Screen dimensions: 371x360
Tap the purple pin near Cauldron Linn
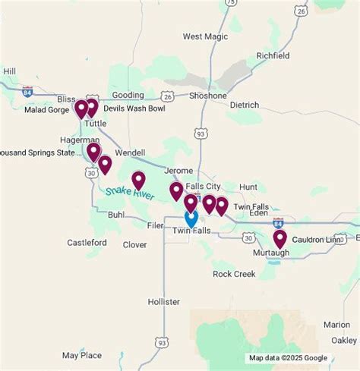pyautogui.click(x=279, y=238)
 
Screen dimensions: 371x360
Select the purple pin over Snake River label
pyautogui.click(x=138, y=180)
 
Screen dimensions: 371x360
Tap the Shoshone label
pyautogui.click(x=208, y=96)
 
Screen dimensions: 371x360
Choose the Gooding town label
pyautogui.click(x=128, y=96)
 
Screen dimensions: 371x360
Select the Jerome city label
pyautogui.click(x=179, y=171)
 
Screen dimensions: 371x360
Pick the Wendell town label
pyautogui.click(x=130, y=152)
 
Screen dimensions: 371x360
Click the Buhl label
pyautogui.click(x=116, y=215)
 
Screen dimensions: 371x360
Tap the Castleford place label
pyautogui.click(x=87, y=243)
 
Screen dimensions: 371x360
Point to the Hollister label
pyautogui.click(x=164, y=302)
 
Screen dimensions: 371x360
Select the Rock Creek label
pyautogui.click(x=234, y=274)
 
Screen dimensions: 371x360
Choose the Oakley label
pyautogui.click(x=344, y=340)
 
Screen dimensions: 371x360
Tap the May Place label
pyautogui.click(x=82, y=355)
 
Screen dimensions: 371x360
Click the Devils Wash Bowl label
pyautogui.click(x=134, y=108)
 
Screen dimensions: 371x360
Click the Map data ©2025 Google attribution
pyautogui.click(x=288, y=358)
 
